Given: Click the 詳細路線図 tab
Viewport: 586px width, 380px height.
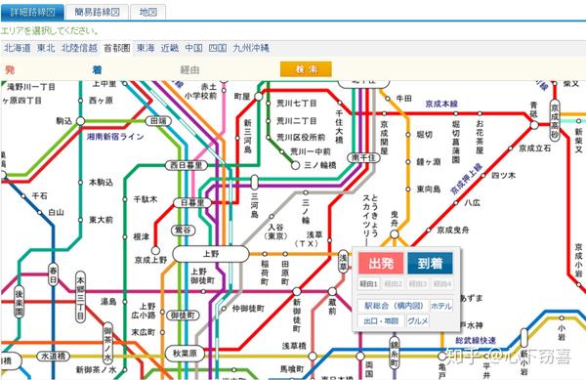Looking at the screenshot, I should click(x=32, y=12).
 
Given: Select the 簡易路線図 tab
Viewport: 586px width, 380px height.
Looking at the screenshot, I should click(x=98, y=12).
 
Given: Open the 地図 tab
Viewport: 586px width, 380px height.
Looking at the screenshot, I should click(x=147, y=12).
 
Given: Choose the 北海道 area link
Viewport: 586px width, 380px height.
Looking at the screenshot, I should click(x=17, y=47).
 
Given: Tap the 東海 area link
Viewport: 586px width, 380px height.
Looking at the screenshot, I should click(x=146, y=47).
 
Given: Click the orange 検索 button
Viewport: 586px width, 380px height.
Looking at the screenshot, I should click(x=305, y=69).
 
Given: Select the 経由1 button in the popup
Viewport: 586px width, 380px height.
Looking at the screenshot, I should click(x=368, y=284).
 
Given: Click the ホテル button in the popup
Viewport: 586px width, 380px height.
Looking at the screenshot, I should click(x=440, y=306).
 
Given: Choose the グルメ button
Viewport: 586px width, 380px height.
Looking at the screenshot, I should click(x=418, y=320).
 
